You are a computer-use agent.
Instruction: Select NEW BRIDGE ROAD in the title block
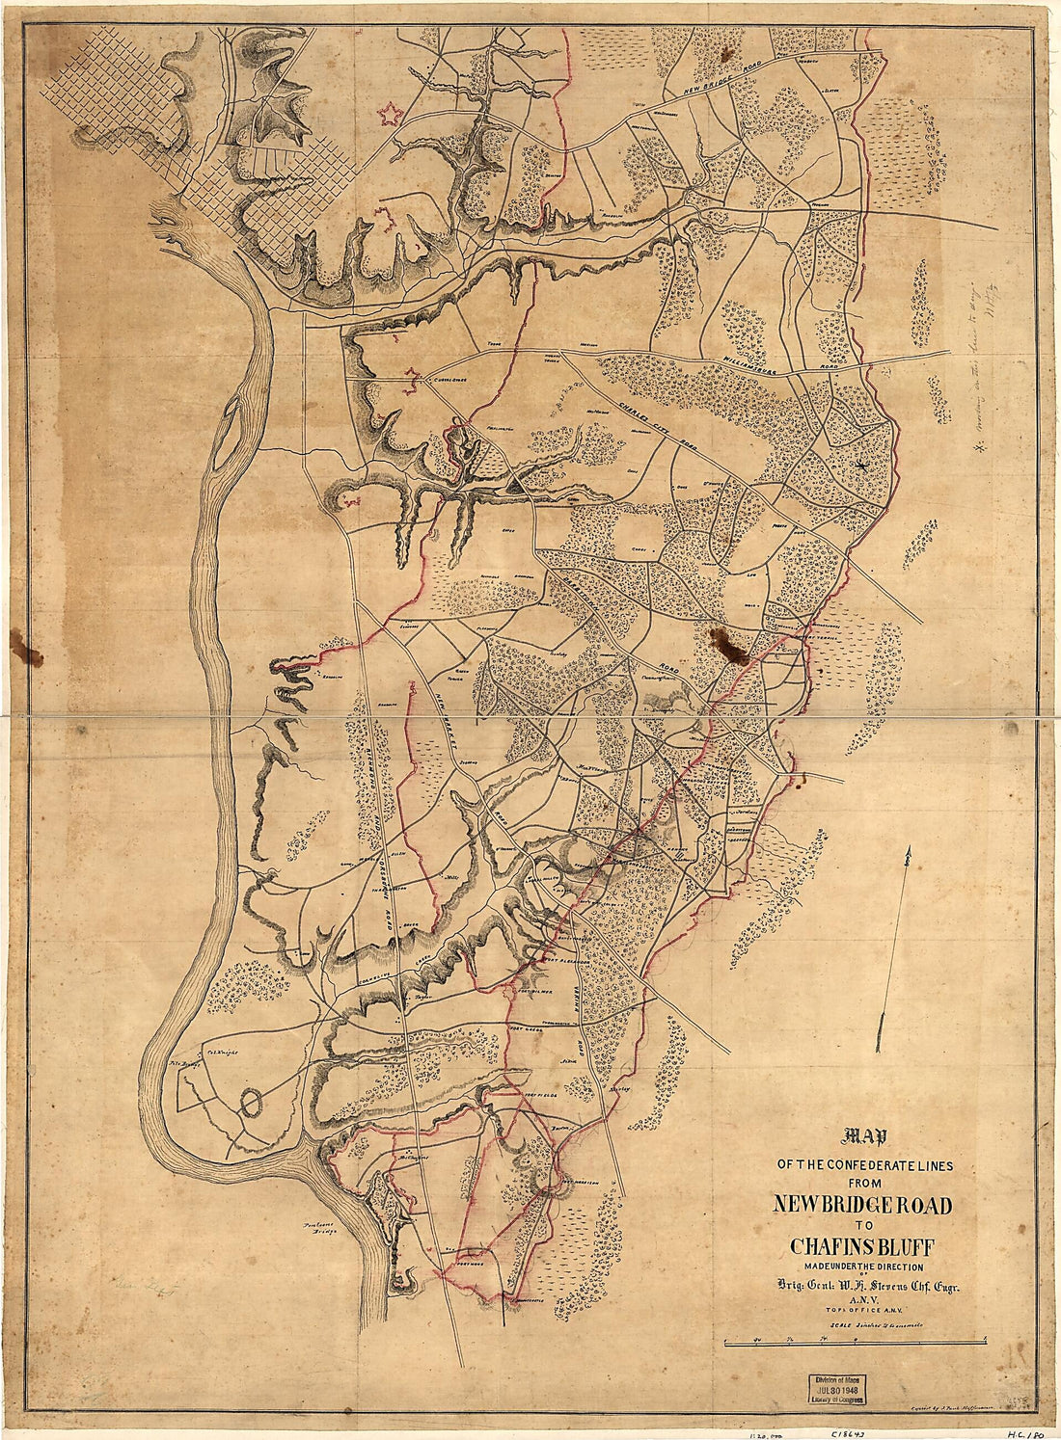coord(862,1205)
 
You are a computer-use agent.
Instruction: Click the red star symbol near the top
coord(391,115)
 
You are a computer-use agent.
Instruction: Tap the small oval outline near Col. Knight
coord(254,1102)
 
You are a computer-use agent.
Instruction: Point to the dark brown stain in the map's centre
coord(728,643)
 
